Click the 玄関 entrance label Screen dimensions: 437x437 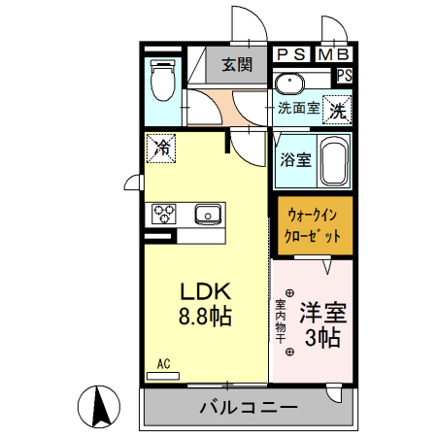pyautogui.click(x=236, y=66)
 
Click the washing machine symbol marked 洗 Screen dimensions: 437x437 pyautogui.click(x=337, y=111)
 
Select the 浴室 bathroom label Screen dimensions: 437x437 pyautogui.click(x=296, y=159)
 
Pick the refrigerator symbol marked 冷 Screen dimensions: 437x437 pyautogui.click(x=162, y=149)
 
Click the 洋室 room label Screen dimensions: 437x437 pyautogui.click(x=322, y=313)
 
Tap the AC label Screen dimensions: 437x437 pyautogui.click(x=163, y=364)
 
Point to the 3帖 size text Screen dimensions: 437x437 pyautogui.click(x=322, y=338)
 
